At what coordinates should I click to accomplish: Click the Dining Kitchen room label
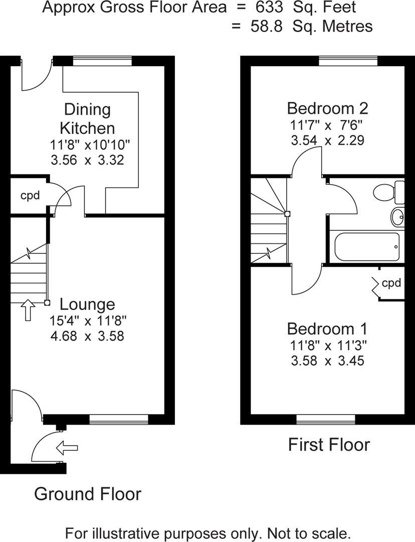[x=87, y=118]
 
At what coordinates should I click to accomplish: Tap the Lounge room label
[x=87, y=304]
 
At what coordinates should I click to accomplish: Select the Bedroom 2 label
[x=327, y=108]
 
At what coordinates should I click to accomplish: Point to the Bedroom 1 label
[x=327, y=329]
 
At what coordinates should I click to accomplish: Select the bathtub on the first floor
[x=367, y=246]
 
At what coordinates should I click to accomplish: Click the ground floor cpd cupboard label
[x=30, y=195]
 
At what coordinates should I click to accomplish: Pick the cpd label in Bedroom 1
[x=391, y=283]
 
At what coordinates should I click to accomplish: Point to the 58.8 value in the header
[x=269, y=26]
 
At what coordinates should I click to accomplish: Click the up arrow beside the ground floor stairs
[x=28, y=310]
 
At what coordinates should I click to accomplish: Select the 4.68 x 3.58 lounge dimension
[x=87, y=336]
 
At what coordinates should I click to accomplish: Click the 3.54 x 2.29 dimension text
[x=327, y=141]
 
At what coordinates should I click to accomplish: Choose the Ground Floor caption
[x=87, y=494]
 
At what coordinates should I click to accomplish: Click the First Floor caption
[x=329, y=445]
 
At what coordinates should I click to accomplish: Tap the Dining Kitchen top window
[x=102, y=61]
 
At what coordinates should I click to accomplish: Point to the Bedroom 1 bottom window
[x=326, y=419]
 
